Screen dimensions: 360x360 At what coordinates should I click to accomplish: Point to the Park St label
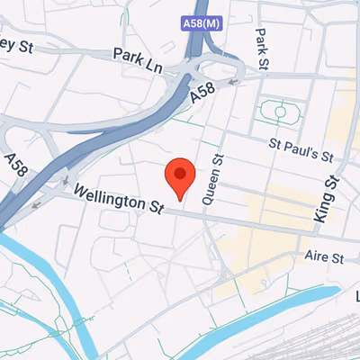coord(262,47)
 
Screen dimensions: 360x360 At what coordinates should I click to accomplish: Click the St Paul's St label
coord(307,150)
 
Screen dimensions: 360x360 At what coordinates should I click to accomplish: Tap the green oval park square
coord(279,112)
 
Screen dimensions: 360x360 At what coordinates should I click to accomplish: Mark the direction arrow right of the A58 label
coord(234,82)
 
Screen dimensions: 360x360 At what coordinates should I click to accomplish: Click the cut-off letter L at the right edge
coord(356,296)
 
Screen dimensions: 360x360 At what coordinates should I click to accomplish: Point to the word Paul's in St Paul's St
coord(304,148)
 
